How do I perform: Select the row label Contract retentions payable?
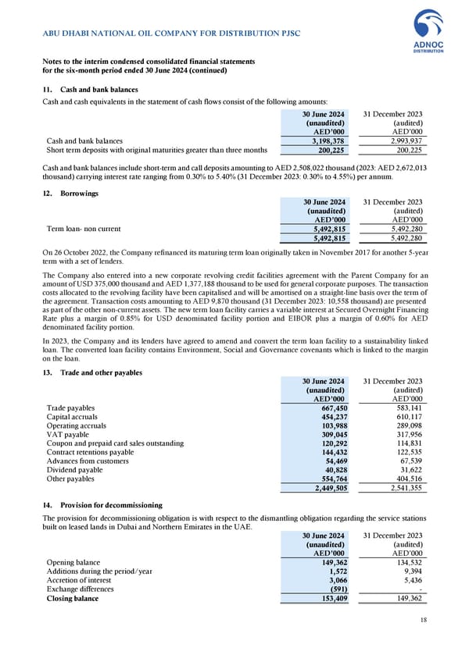90,453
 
